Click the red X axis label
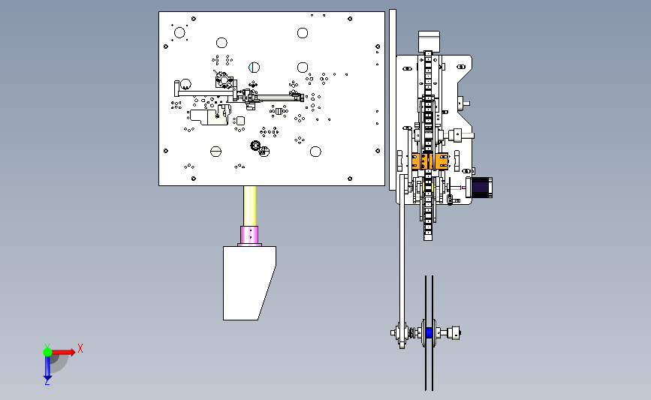click(x=80, y=348)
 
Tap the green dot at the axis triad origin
click(x=47, y=352)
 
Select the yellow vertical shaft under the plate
click(x=249, y=206)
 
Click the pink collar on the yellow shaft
click(x=249, y=236)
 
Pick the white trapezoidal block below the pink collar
click(x=249, y=283)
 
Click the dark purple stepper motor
click(x=481, y=187)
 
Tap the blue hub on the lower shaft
click(x=429, y=332)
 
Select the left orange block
click(x=419, y=161)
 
